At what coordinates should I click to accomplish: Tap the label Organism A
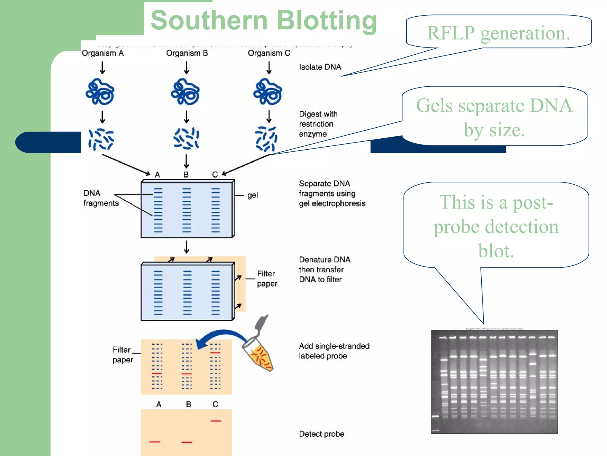[x=103, y=53]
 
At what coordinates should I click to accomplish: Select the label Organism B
[x=187, y=53]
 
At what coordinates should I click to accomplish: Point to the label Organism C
[x=269, y=53]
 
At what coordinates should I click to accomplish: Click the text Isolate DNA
[x=320, y=67]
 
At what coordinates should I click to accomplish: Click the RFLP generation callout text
[x=498, y=33]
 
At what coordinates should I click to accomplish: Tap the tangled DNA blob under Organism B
[x=186, y=92]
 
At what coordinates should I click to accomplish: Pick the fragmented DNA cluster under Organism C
[x=266, y=139]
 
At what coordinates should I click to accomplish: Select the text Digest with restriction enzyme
[x=318, y=124]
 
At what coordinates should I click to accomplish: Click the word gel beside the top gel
[x=253, y=195]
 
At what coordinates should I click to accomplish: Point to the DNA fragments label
[x=100, y=198]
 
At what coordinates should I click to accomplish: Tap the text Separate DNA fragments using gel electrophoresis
[x=332, y=193]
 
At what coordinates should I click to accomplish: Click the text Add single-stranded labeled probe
[x=334, y=351]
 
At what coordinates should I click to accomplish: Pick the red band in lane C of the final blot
[x=216, y=421]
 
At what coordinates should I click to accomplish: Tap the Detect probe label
[x=322, y=434]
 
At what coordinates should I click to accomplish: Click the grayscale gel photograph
[x=494, y=382]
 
